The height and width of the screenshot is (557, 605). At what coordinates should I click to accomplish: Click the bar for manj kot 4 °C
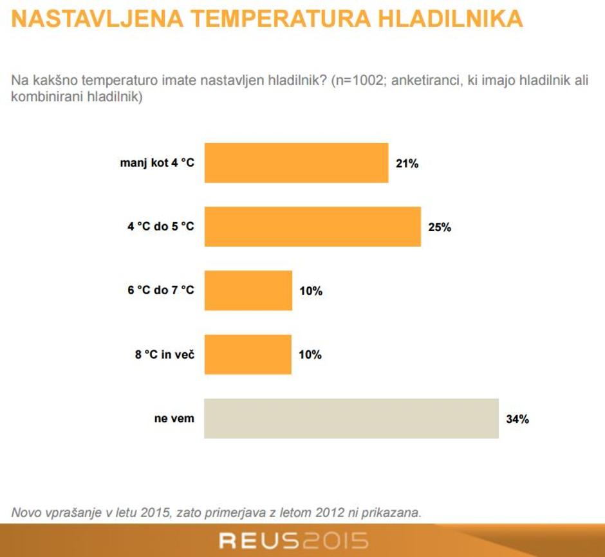point(296,162)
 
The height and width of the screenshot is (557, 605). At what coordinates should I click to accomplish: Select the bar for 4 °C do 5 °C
point(313,226)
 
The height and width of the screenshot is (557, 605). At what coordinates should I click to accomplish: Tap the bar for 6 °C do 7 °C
point(248,290)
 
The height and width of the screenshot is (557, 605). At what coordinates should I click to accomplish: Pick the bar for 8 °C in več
point(248,354)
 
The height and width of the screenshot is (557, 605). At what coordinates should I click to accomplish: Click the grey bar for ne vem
point(351,419)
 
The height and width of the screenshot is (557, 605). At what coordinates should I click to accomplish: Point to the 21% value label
point(407,164)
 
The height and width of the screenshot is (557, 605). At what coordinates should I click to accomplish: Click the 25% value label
point(440,227)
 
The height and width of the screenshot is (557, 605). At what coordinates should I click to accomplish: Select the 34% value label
point(517,419)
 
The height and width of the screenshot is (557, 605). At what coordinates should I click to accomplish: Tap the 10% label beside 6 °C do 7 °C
point(311,291)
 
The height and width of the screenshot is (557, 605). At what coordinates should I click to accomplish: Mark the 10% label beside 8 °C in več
point(310,355)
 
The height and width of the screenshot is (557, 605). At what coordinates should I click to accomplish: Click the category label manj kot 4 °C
point(157,163)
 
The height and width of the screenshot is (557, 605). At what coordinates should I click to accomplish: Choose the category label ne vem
point(174,419)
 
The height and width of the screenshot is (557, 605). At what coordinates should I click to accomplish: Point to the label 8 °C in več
point(165,354)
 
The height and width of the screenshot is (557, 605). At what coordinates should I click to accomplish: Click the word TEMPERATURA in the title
point(281,19)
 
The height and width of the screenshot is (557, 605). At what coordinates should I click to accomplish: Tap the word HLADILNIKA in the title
point(451,19)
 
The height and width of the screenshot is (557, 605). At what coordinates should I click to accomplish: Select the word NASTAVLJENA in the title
point(97,19)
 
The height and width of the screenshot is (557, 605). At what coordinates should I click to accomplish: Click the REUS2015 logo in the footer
point(294,540)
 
